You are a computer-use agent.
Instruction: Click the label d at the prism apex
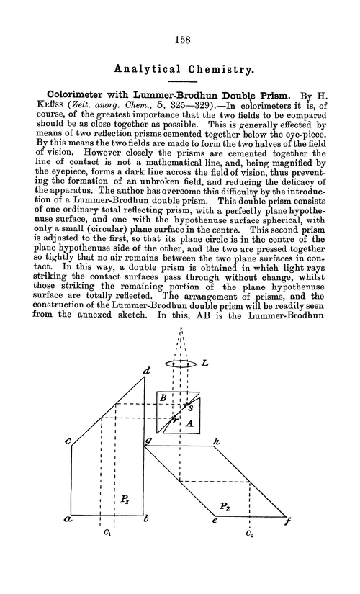tap(146, 372)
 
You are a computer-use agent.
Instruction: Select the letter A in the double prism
tap(190, 425)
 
